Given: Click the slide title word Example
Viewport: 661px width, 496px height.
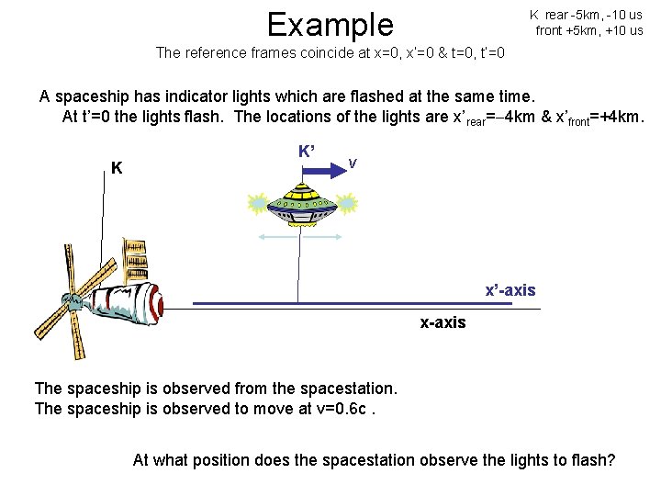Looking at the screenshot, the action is (x=329, y=24).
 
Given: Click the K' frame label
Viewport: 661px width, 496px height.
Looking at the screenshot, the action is (x=308, y=151).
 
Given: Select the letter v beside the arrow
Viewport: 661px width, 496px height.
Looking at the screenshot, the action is (x=353, y=163).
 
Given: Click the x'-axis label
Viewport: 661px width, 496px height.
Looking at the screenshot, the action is (x=510, y=290).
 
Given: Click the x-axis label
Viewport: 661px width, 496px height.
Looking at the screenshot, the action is (x=443, y=322).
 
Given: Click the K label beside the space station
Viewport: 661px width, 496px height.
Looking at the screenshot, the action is (x=117, y=168).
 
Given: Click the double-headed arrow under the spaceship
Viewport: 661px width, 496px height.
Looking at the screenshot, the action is (x=297, y=238).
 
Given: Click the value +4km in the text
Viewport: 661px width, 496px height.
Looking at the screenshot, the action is (x=621, y=118).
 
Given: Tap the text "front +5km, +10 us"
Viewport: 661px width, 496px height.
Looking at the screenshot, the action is (x=588, y=30).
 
